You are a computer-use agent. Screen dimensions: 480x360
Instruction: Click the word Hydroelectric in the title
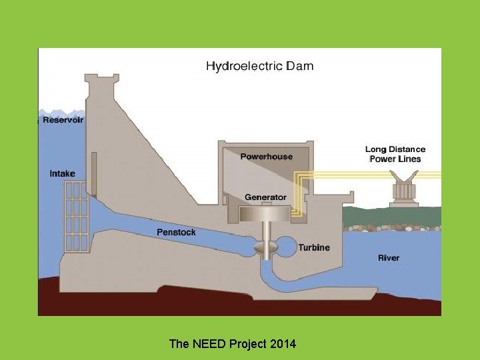244,66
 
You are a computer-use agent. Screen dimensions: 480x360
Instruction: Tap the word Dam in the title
300,66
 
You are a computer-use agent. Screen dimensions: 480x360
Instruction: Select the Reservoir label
63,120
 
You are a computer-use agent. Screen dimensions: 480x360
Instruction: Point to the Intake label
63,173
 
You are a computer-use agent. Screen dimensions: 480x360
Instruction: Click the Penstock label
176,232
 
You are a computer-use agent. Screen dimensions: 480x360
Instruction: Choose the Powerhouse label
266,157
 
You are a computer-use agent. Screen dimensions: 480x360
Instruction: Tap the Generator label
265,197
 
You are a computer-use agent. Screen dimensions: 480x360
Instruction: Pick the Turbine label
313,247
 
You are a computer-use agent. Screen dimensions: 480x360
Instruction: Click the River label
389,257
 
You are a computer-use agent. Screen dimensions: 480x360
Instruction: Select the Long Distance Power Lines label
395,154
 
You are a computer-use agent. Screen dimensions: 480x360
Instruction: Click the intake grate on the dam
76,217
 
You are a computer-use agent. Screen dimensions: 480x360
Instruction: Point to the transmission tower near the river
404,189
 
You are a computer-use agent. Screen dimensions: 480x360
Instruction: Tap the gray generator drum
265,213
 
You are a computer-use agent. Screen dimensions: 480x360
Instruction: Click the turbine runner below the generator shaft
265,247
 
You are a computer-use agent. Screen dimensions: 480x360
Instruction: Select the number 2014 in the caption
283,344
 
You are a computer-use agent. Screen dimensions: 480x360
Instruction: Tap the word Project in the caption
247,344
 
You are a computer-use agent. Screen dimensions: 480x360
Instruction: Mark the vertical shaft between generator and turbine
265,231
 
